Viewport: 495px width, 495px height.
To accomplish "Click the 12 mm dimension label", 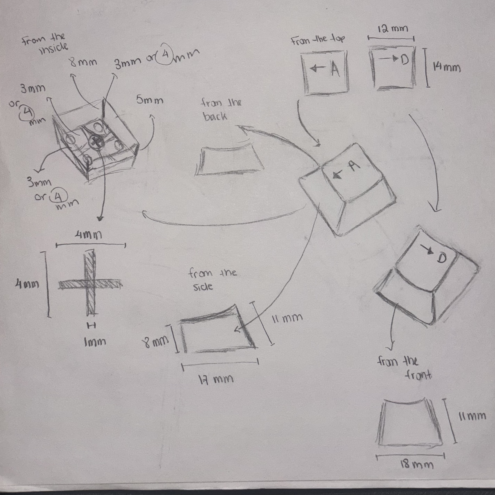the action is [x=393, y=29].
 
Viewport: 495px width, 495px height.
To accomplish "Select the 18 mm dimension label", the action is [x=417, y=464].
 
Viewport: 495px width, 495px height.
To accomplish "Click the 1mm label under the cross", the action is [x=95, y=342].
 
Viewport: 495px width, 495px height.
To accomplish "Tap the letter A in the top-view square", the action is [x=335, y=69].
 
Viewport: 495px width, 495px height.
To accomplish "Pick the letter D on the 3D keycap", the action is [x=441, y=259].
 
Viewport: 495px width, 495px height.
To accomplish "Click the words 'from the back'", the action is [x=221, y=110].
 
